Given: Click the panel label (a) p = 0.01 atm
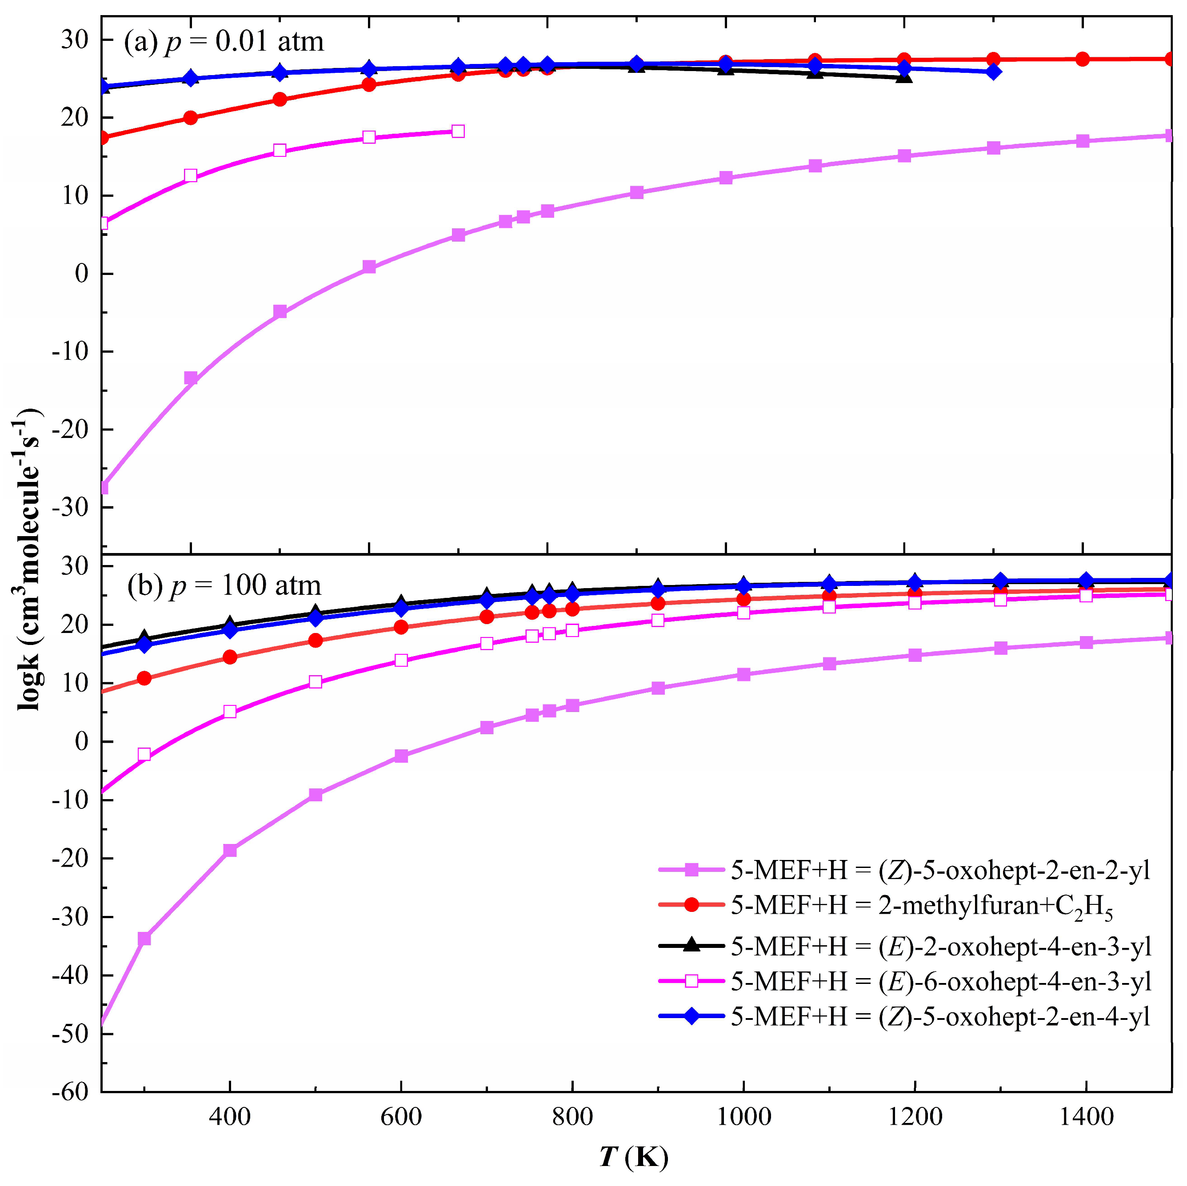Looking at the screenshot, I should [x=224, y=42].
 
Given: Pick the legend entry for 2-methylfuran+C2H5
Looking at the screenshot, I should [x=922, y=906].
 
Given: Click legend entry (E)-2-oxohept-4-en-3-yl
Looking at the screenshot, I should [x=940, y=947].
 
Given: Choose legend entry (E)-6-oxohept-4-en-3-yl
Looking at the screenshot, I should [x=940, y=982].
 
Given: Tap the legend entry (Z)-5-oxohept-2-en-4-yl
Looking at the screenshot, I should [x=940, y=1016].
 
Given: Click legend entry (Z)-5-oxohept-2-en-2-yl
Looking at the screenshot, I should [x=940, y=870].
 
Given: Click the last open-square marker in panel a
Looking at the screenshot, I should [x=458, y=131].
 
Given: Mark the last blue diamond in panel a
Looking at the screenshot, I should [x=993, y=72].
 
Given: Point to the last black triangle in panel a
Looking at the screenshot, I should [x=904, y=77].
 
